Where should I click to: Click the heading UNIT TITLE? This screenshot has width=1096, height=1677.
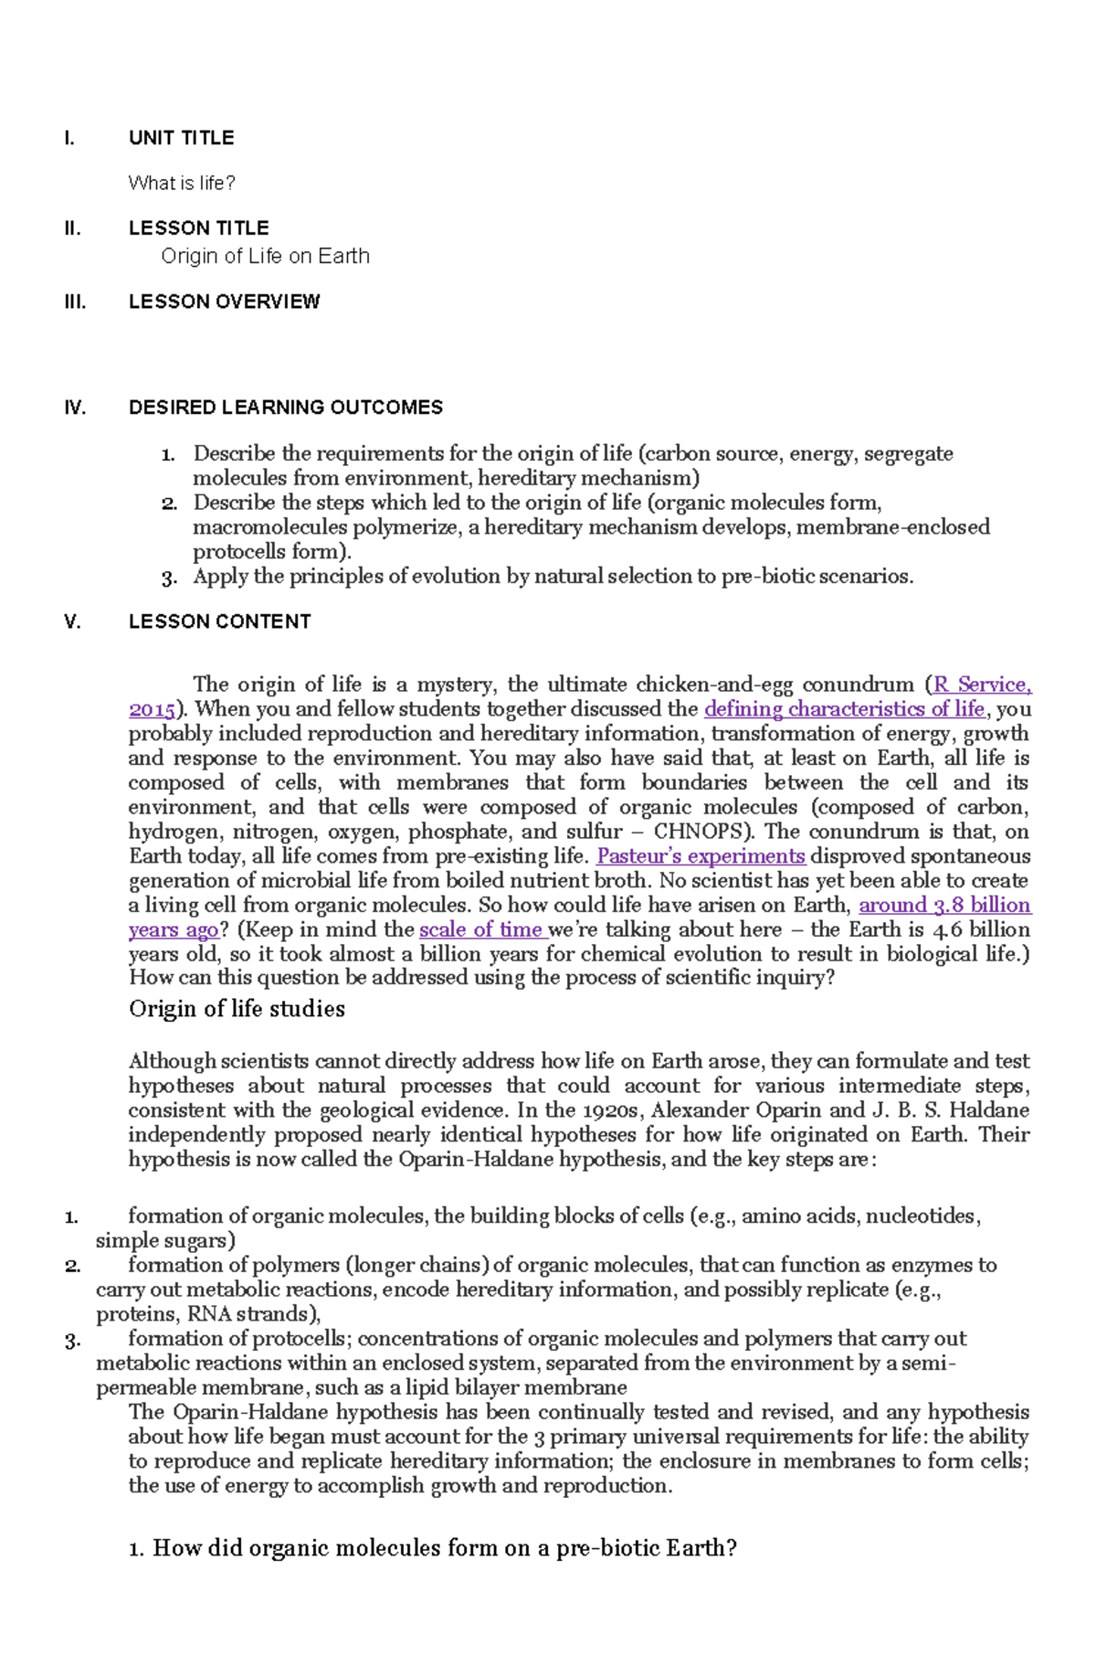[181, 138]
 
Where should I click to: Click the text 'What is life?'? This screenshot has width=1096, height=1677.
[182, 183]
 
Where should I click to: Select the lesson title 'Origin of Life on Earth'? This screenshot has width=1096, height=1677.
[265, 256]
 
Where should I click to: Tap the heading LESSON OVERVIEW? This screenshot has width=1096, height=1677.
[224, 302]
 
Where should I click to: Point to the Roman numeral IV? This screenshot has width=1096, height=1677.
[75, 408]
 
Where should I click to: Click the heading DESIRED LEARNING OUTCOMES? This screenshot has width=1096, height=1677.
[285, 408]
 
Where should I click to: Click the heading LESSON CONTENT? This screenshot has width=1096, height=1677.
[219, 621]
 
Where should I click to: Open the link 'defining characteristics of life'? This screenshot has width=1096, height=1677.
[844, 709]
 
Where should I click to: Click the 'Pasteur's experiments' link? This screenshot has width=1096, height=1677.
[701, 856]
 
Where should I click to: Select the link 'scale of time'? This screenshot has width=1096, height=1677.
[481, 929]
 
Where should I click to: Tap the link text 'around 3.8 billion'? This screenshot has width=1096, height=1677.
[944, 905]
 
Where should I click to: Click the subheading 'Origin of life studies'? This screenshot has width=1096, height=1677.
[237, 1009]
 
